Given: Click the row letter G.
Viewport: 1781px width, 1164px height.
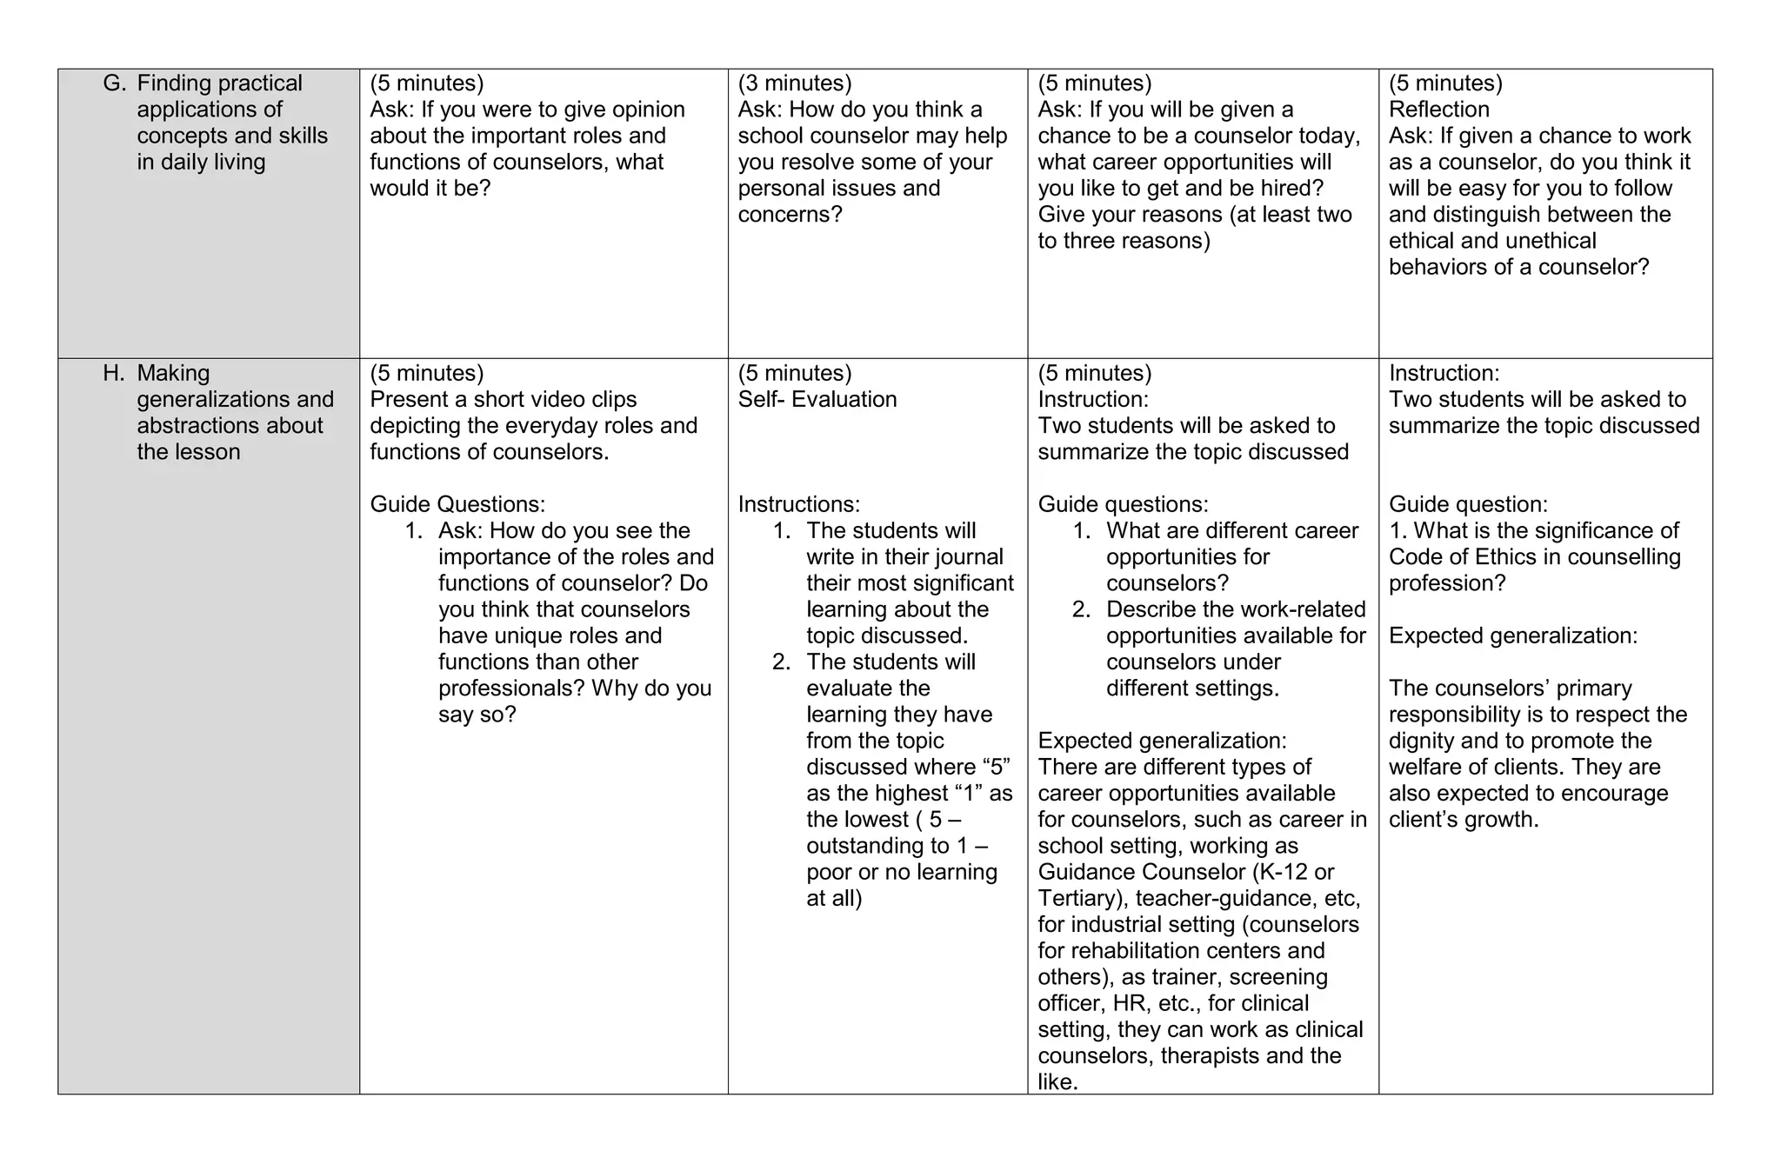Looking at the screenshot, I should tap(114, 83).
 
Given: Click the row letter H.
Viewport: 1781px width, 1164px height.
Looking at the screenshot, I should tap(114, 373).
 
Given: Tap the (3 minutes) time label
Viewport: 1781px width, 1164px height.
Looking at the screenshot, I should tap(795, 83).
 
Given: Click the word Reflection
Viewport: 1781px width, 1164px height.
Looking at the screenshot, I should tap(1438, 110).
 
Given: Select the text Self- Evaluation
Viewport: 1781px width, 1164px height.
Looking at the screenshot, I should tap(817, 399).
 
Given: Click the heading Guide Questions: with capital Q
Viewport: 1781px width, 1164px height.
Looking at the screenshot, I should tap(457, 504).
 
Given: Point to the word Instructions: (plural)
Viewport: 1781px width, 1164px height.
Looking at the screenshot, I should tap(798, 504).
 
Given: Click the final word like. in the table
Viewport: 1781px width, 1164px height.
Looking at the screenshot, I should tap(1057, 1082).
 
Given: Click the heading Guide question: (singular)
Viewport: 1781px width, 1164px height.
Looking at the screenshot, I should tap(1467, 504).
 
